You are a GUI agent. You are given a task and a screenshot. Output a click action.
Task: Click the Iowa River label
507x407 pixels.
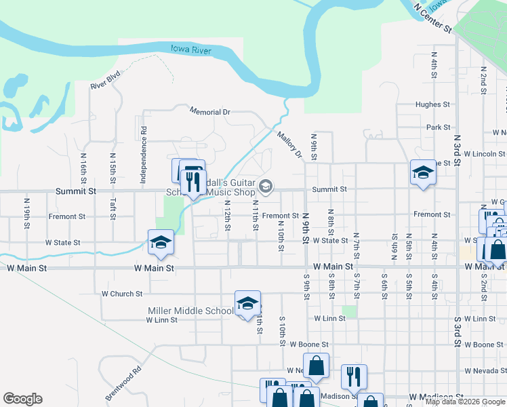(x=191, y=50)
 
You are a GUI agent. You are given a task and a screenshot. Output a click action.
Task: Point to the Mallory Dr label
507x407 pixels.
(x=289, y=144)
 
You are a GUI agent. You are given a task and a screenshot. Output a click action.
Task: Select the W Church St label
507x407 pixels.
(x=122, y=294)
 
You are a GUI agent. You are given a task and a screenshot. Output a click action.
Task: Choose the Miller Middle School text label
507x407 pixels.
(x=190, y=311)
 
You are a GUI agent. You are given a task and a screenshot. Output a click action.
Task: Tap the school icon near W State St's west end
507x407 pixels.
(x=161, y=241)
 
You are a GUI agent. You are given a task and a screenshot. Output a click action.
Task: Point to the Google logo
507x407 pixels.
(x=23, y=399)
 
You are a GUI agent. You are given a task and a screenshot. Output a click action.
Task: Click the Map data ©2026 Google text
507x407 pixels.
(x=466, y=402)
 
